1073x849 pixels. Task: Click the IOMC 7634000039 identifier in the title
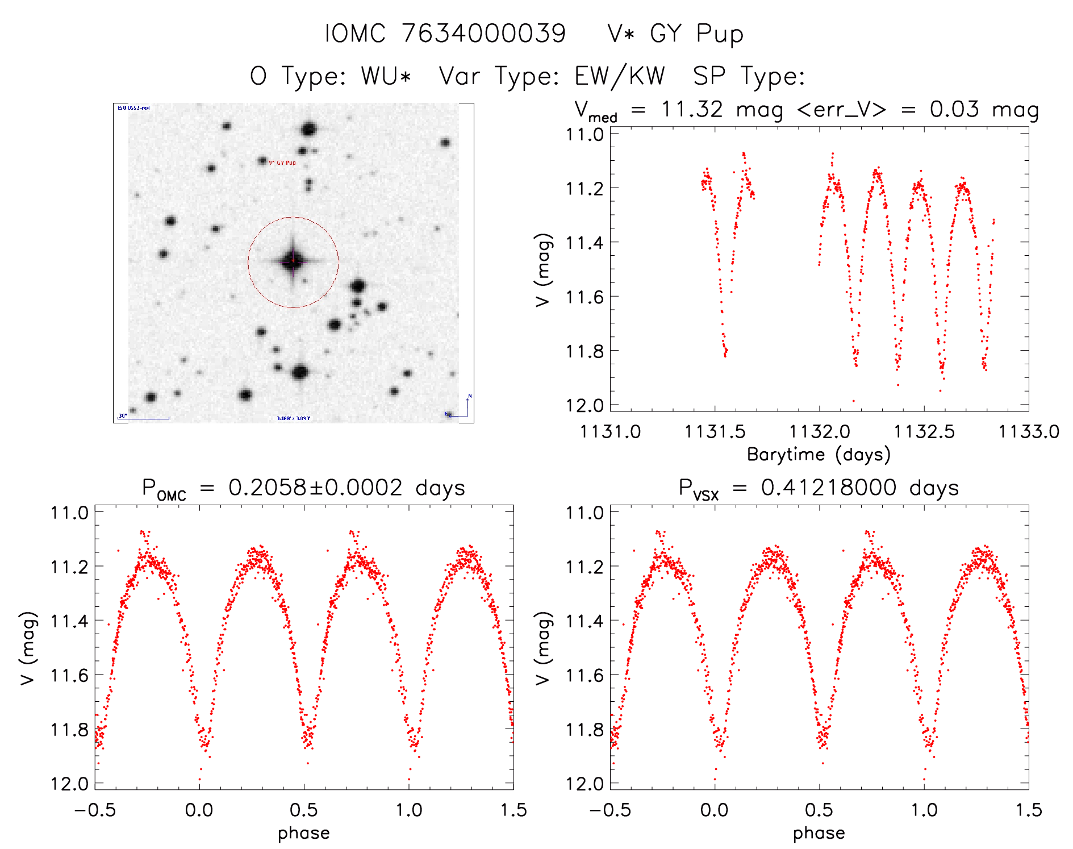click(445, 34)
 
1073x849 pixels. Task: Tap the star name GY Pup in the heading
click(696, 34)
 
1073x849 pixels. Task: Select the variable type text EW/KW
click(620, 76)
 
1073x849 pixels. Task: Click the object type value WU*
click(386, 76)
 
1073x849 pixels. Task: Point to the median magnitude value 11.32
click(691, 109)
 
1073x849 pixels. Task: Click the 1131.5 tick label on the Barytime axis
click(715, 432)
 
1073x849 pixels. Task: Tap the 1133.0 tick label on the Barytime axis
click(1029, 432)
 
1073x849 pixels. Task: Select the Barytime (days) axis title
click(819, 454)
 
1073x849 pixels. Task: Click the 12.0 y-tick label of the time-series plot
click(584, 405)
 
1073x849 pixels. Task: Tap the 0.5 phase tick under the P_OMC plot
click(304, 810)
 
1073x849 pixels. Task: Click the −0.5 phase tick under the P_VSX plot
click(609, 810)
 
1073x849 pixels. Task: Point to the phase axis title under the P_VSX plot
click(819, 833)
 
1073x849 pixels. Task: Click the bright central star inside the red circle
click(293, 261)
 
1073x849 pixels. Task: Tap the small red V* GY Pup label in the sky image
click(282, 163)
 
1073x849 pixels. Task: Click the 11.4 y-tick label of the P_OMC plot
click(69, 621)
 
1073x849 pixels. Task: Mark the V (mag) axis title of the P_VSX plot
click(543, 648)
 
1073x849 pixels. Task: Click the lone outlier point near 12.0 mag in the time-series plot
click(853, 401)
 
